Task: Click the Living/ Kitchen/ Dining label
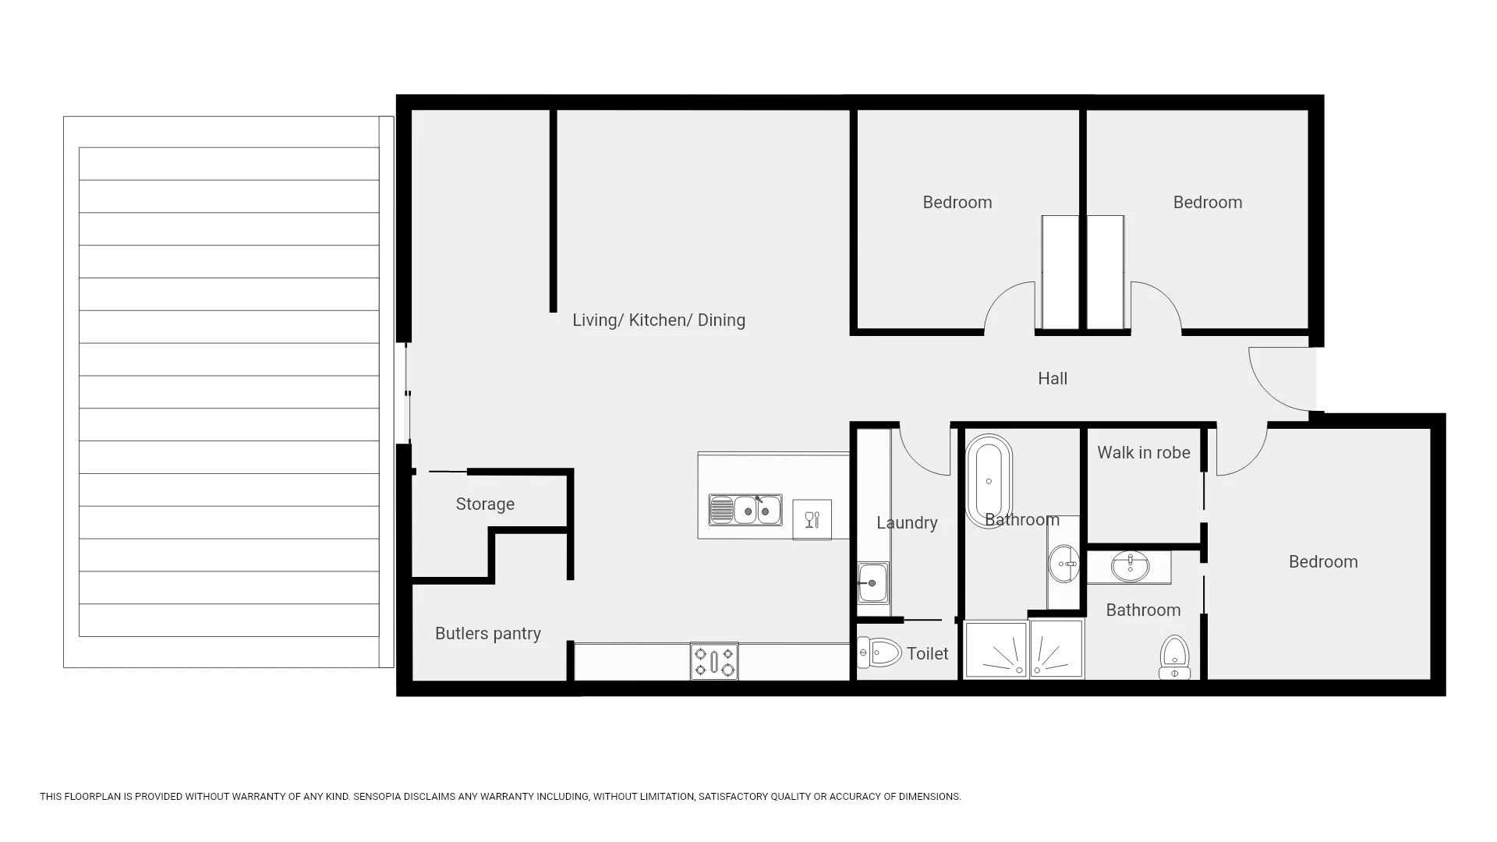click(x=659, y=320)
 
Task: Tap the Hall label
click(x=1053, y=378)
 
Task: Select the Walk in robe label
click(x=1143, y=452)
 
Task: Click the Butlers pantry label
click(x=487, y=633)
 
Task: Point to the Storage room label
click(x=485, y=504)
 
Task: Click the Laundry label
click(x=907, y=522)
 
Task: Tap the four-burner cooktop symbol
click(x=714, y=661)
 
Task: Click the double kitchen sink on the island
click(x=745, y=510)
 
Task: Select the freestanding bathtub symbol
click(x=989, y=481)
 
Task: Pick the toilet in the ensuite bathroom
click(x=1174, y=657)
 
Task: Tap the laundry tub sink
click(x=872, y=582)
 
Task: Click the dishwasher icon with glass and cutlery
click(x=812, y=519)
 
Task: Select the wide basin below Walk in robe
click(x=1130, y=567)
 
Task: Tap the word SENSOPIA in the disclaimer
click(x=377, y=797)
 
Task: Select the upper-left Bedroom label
click(x=957, y=202)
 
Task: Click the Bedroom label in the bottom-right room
click(x=1322, y=561)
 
